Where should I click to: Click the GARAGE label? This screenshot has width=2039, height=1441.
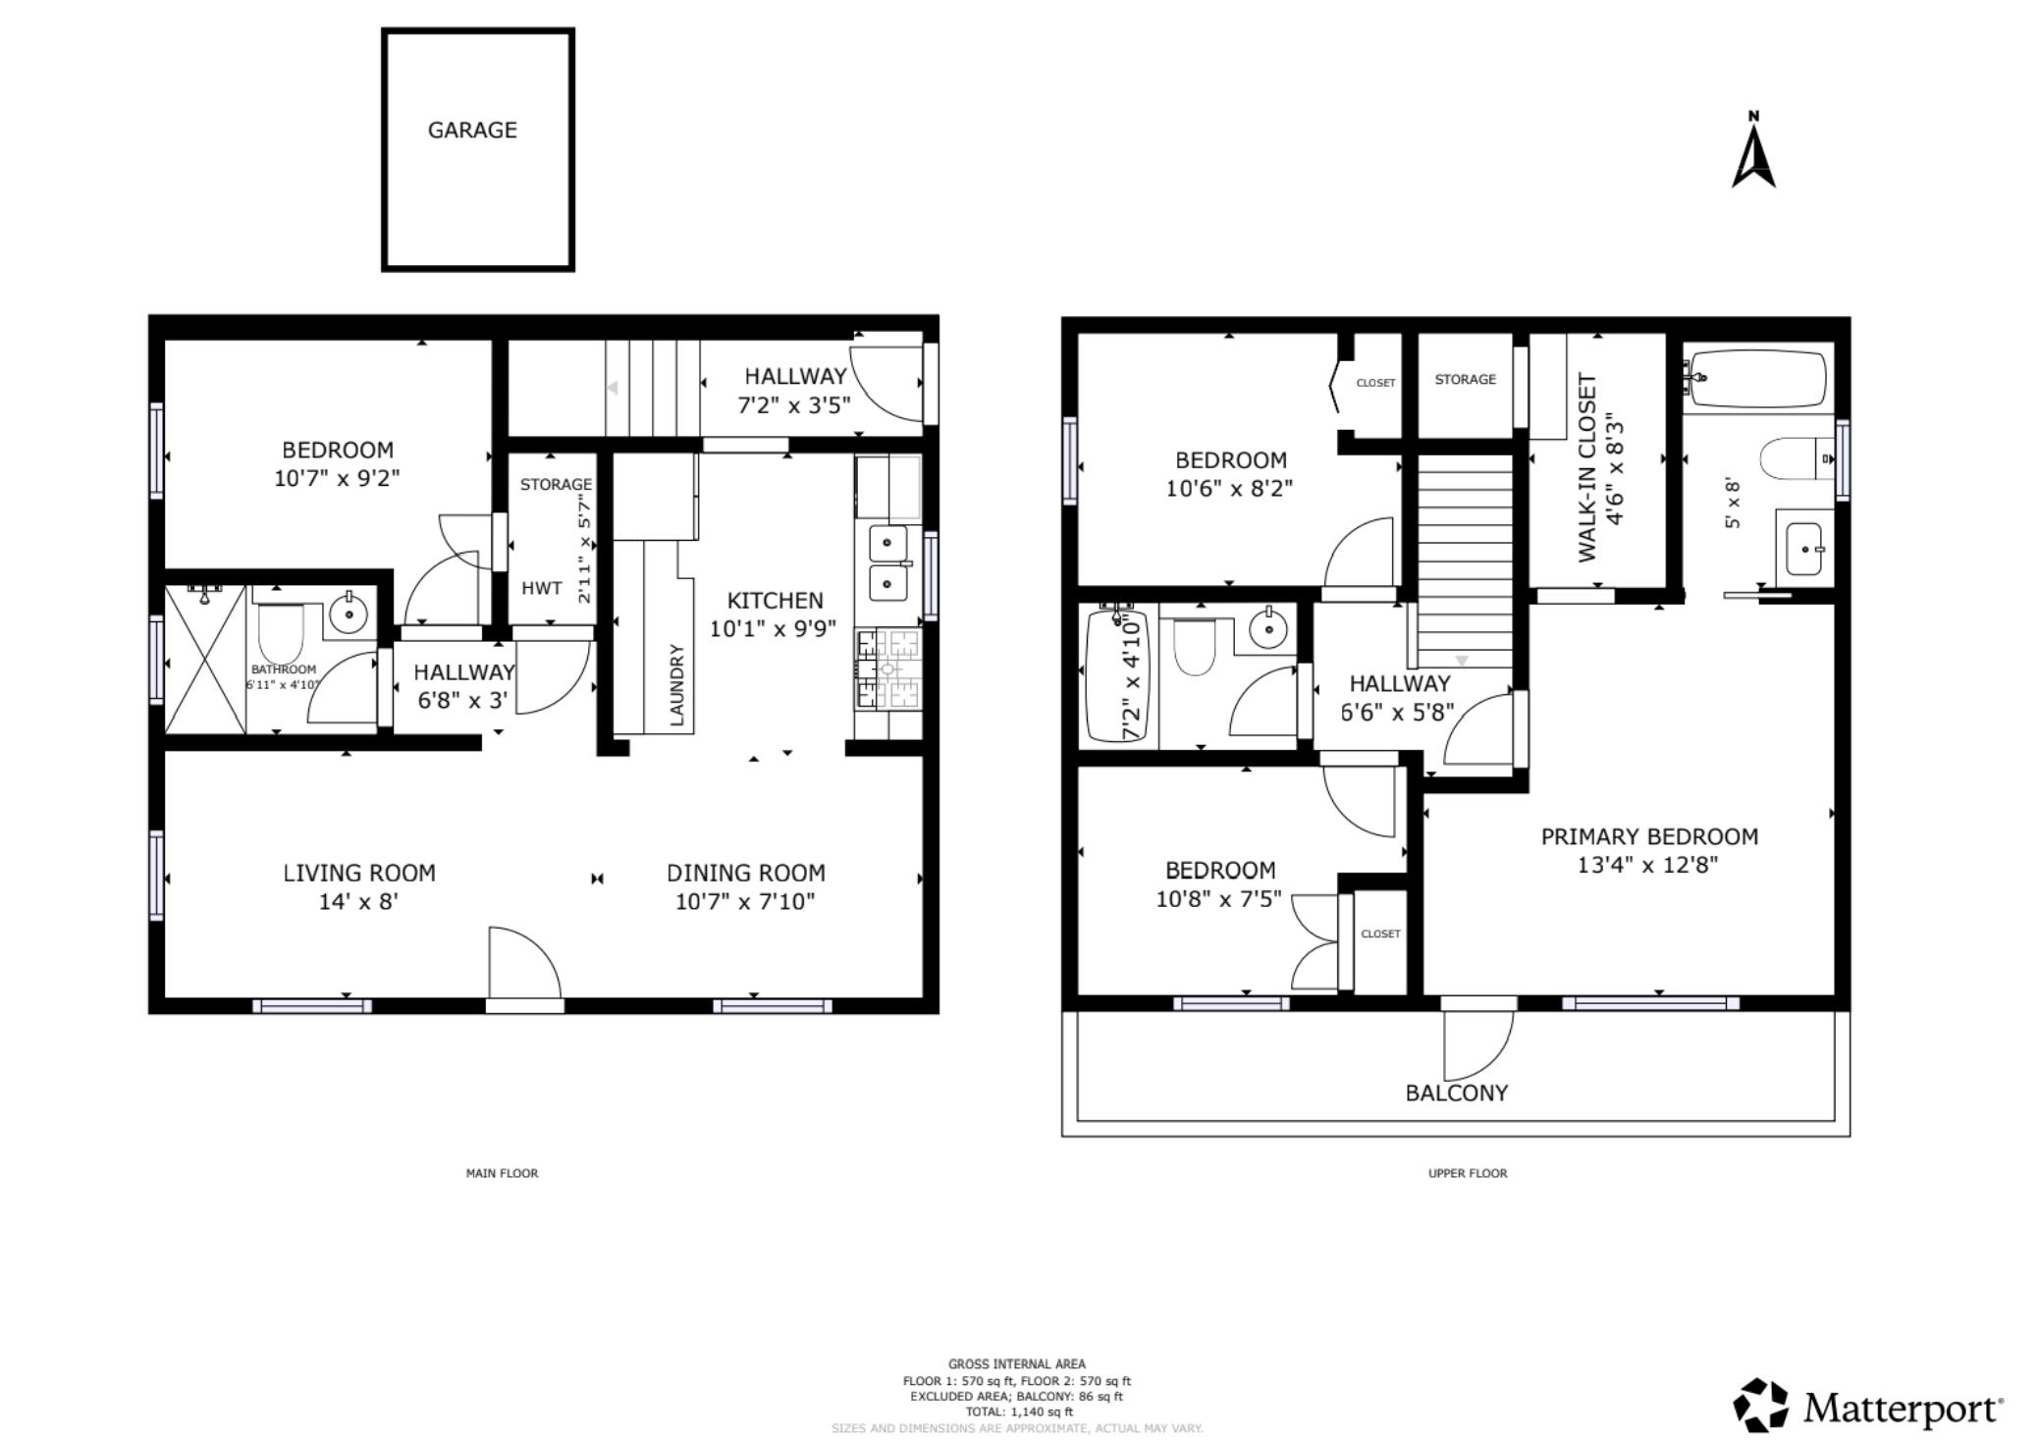472,130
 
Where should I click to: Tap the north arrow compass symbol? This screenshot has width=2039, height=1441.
1753,151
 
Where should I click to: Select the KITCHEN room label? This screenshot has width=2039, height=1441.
775,601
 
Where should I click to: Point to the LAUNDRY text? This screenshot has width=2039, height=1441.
676,685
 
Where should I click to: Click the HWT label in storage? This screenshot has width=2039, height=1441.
542,588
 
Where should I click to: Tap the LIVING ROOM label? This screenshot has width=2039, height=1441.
359,873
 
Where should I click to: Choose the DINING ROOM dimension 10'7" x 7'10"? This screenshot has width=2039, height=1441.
745,901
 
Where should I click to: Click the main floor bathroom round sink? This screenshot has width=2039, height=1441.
348,614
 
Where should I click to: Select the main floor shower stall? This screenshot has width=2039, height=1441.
205,659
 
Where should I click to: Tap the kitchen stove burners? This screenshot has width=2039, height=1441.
888,669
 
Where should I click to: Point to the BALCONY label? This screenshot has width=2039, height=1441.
1457,1094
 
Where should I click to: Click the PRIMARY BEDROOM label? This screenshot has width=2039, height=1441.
1649,836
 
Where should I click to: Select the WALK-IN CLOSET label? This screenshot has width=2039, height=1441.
1586,468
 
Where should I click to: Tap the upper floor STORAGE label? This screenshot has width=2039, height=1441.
1466,379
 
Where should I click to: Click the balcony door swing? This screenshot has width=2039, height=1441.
1478,1044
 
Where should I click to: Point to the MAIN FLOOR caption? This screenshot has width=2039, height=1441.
502,1173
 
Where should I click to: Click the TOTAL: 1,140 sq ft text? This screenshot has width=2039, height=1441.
1019,1413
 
